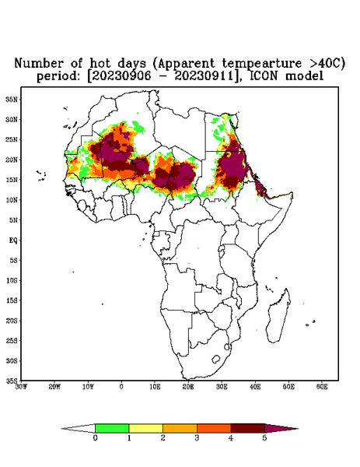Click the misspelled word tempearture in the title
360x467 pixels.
pos(262,64)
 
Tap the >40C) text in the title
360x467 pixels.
pos(327,64)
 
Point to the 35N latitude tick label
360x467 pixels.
pos(12,99)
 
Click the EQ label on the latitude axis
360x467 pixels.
pos(13,240)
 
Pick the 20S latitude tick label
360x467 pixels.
pos(12,321)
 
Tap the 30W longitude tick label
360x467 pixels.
pos(21,387)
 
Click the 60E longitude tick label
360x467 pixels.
pos(322,387)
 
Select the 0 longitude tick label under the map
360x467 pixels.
pos(121,387)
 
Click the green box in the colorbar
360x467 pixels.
pos(112,428)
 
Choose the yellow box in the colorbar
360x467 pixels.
pos(145,428)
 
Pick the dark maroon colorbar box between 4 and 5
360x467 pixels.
pos(248,428)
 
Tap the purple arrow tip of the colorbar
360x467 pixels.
pos(298,429)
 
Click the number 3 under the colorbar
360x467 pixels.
pos(197,438)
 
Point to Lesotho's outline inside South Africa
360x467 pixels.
pos(215,359)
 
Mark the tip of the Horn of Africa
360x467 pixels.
pos(292,194)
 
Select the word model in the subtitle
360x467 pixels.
pos(304,76)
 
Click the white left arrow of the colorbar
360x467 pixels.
pos(79,429)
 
